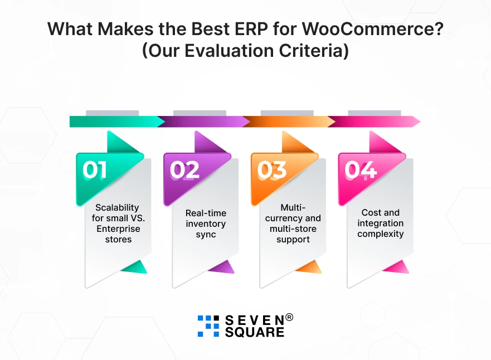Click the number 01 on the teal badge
click(x=94, y=170)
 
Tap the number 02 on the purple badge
click(x=184, y=170)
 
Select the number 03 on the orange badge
click(x=272, y=170)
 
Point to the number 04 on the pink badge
click(x=361, y=170)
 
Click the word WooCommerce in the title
click(x=373, y=29)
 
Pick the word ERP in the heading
click(x=251, y=29)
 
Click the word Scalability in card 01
click(x=117, y=207)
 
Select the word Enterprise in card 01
click(x=118, y=229)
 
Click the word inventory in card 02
click(x=206, y=224)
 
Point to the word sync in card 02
click(x=206, y=235)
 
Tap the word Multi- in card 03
click(x=293, y=207)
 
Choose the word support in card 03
click(x=293, y=240)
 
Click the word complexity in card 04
click(x=381, y=234)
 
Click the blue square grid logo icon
click(x=208, y=326)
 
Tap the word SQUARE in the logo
click(x=254, y=332)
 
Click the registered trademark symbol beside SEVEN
click(x=289, y=318)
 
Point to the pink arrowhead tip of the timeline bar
click(x=420, y=121)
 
